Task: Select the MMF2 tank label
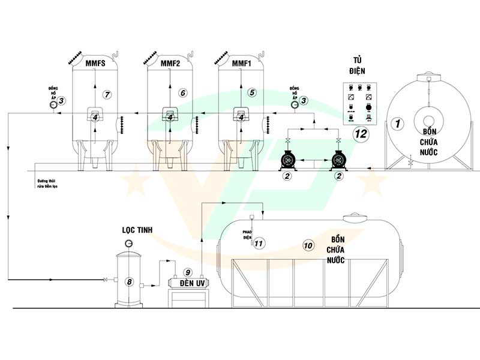(x=172, y=63)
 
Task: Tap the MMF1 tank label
(x=242, y=63)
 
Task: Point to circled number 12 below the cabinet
(x=361, y=134)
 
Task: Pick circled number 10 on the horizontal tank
(x=308, y=245)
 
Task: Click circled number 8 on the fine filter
(x=128, y=281)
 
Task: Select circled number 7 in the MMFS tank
(x=107, y=95)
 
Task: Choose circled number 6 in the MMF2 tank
(x=183, y=93)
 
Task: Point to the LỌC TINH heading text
(x=138, y=231)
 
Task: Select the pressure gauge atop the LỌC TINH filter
(x=128, y=243)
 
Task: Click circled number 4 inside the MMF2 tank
(x=171, y=118)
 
